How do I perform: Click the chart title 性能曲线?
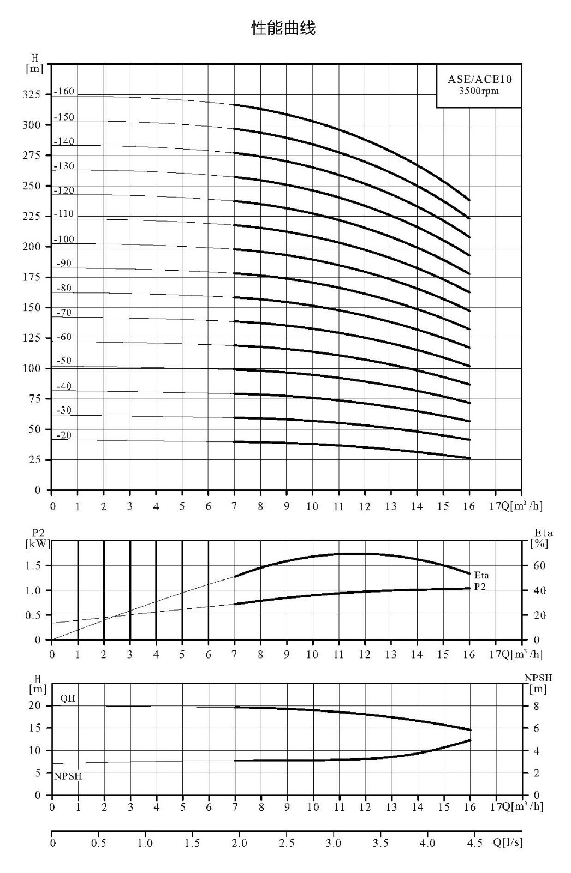[283, 28]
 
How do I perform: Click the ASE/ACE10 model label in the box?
[479, 80]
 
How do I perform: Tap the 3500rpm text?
[479, 91]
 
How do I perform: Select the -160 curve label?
[63, 92]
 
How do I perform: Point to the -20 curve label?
[64, 435]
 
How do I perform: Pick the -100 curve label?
[63, 240]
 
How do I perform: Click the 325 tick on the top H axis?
[31, 95]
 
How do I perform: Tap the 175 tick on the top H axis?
[31, 277]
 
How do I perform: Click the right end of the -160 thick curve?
[469, 200]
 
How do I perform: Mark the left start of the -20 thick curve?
[234, 441]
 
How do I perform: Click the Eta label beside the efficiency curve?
[481, 575]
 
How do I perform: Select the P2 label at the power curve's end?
[480, 587]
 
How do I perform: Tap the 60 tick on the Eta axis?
[539, 565]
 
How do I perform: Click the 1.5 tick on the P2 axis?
[33, 565]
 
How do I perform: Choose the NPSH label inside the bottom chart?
[68, 776]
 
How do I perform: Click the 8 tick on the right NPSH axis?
[536, 706]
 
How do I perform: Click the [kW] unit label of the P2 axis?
[38, 543]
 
